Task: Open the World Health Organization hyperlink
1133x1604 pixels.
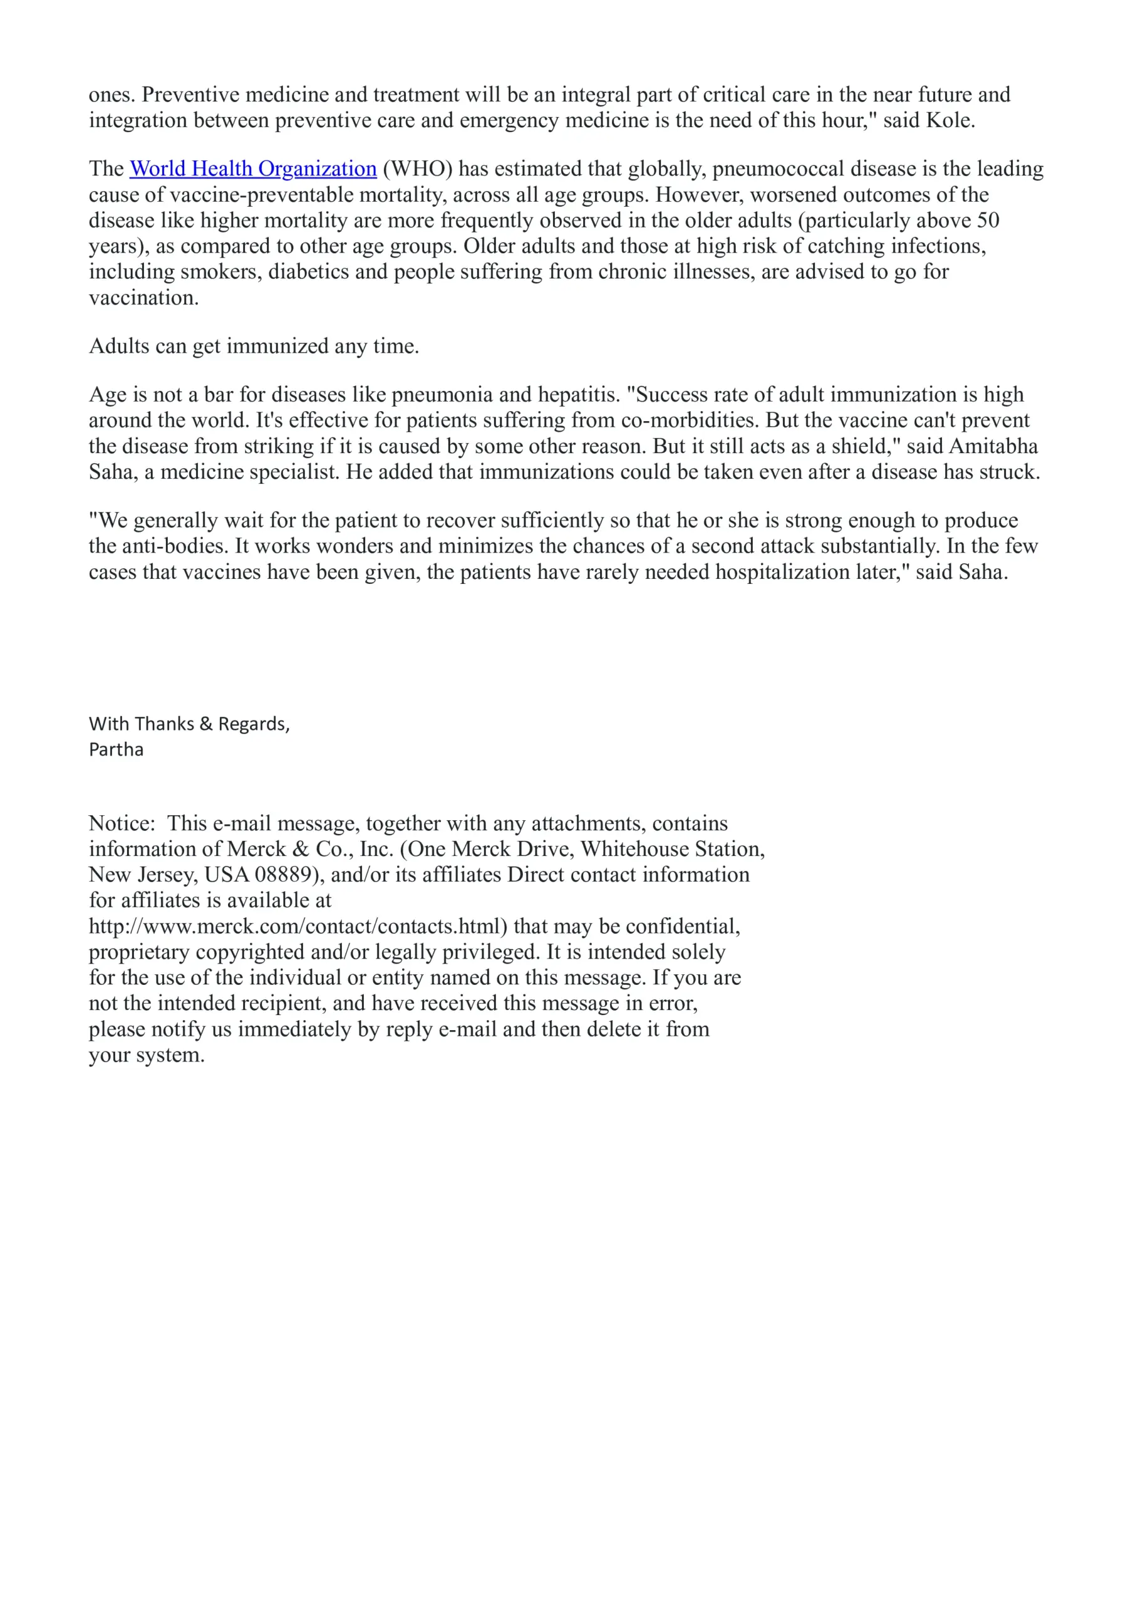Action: click(x=253, y=169)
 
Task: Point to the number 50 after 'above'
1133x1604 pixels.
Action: click(x=988, y=220)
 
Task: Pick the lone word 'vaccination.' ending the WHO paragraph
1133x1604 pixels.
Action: click(x=144, y=298)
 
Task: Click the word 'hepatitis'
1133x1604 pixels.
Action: click(x=577, y=394)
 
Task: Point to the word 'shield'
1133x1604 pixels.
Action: click(x=862, y=445)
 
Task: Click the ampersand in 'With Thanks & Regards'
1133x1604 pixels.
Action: click(x=206, y=724)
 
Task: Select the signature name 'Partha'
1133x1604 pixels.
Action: click(x=116, y=749)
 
